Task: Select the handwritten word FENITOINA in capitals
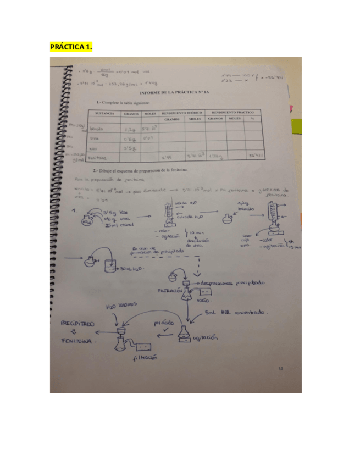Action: coord(77,341)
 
